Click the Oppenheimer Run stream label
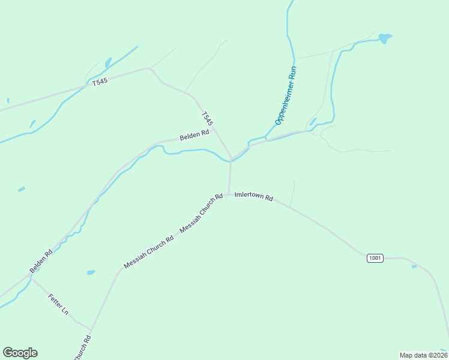(286, 95)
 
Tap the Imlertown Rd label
(254, 196)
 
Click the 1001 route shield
(375, 258)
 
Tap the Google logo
(20, 353)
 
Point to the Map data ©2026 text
(423, 355)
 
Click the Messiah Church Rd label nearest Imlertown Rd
(201, 213)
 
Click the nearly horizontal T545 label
(100, 82)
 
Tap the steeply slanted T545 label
(207, 118)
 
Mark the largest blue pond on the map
(384, 38)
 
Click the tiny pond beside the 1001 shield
(414, 266)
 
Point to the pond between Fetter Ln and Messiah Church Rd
(91, 272)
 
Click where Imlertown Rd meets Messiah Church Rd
(228, 194)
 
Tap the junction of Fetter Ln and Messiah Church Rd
(91, 329)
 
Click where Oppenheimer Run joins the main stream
(265, 139)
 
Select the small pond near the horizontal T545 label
(108, 62)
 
